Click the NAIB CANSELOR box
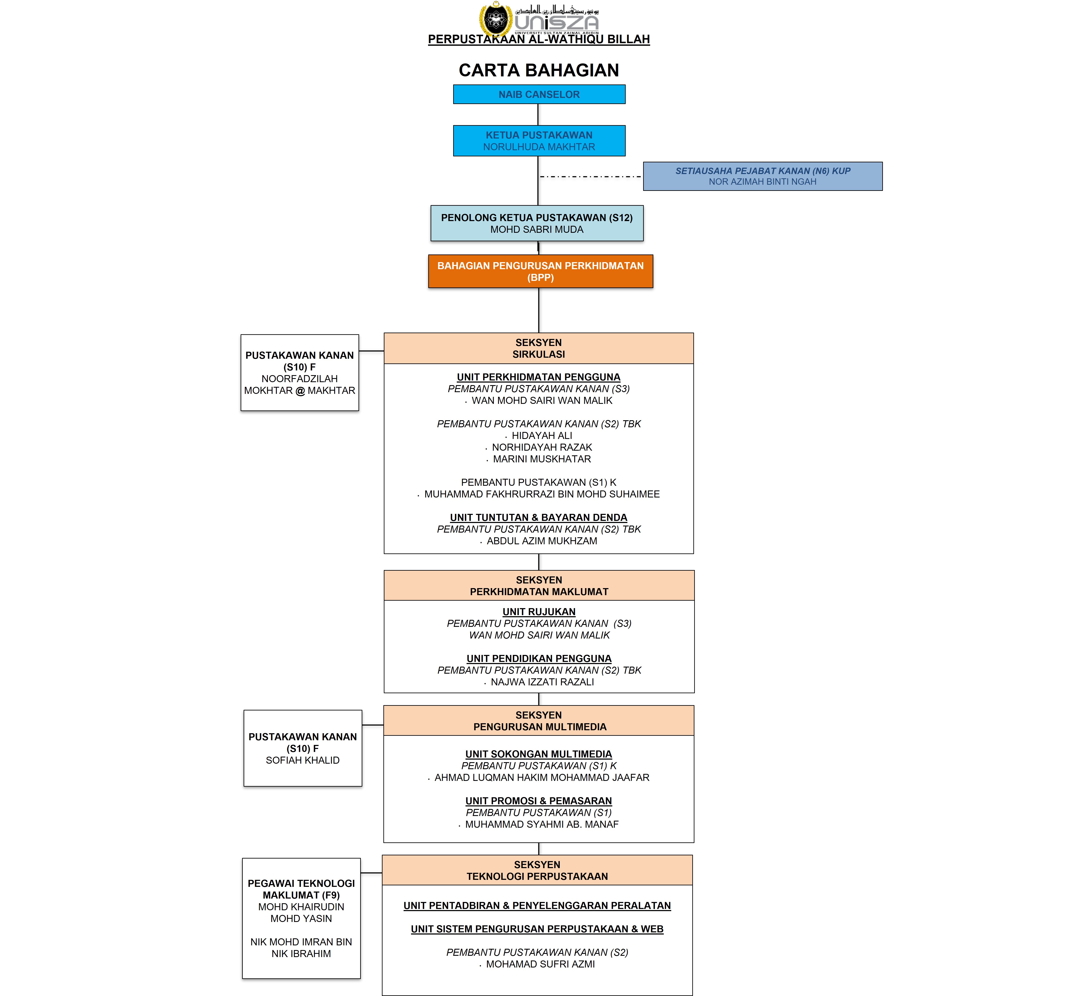point(539,94)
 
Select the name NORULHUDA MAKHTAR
point(539,147)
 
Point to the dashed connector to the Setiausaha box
point(591,176)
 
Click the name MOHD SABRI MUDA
point(537,229)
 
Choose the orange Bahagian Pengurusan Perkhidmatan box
point(541,271)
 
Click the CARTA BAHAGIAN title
point(539,70)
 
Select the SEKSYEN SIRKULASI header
point(538,348)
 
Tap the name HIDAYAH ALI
point(542,436)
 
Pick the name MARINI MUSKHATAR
point(542,459)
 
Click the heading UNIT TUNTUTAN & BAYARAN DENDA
point(538,517)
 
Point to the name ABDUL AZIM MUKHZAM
point(542,541)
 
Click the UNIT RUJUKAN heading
point(539,612)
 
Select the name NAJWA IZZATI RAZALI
point(542,682)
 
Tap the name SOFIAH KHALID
point(302,760)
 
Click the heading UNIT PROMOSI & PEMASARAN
point(538,801)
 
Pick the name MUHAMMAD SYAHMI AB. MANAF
point(542,824)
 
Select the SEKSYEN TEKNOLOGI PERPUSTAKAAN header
point(537,870)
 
